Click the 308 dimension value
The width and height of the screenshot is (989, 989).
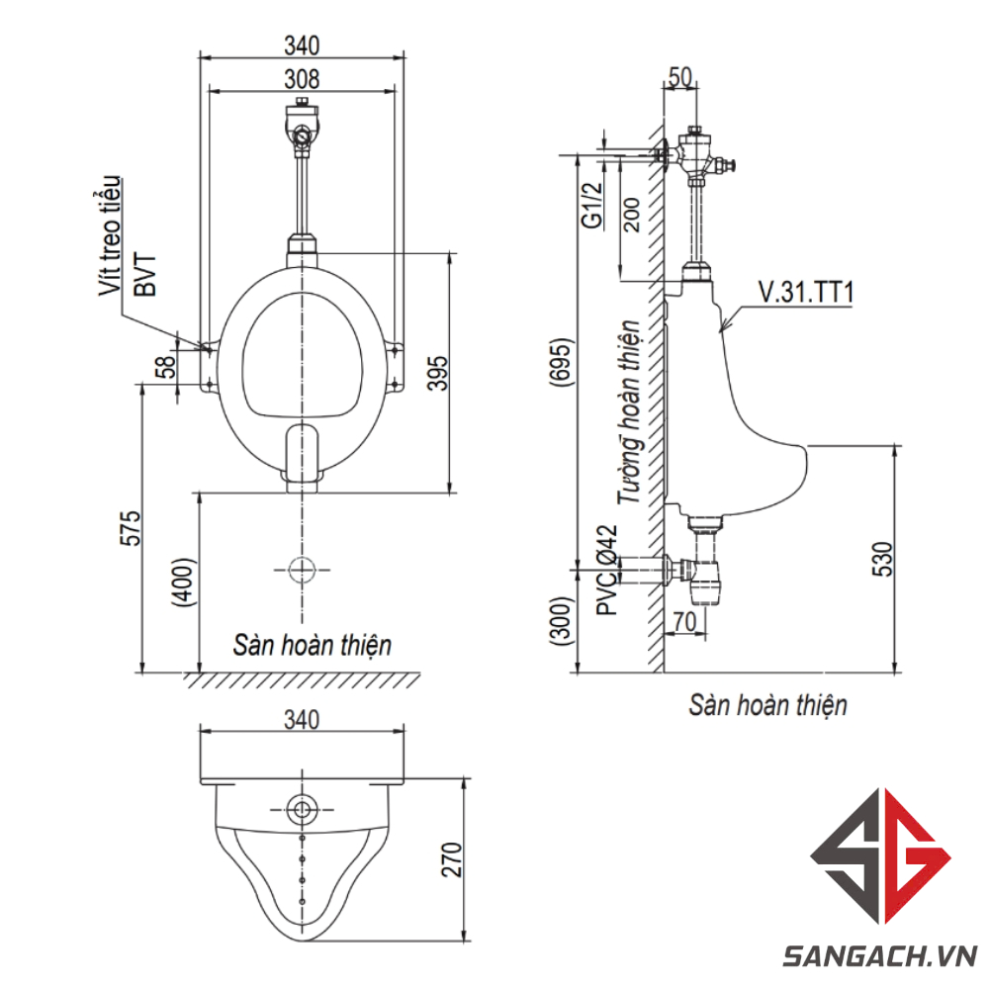click(x=302, y=79)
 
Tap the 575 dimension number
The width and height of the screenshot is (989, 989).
click(x=131, y=528)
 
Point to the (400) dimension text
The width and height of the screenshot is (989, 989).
click(x=185, y=583)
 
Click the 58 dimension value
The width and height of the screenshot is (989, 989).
click(x=165, y=367)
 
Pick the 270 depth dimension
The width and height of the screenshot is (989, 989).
click(x=452, y=858)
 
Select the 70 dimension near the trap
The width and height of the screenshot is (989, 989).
click(x=684, y=621)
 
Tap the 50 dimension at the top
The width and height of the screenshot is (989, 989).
click(x=680, y=77)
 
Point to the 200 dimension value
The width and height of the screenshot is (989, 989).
click(x=630, y=215)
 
